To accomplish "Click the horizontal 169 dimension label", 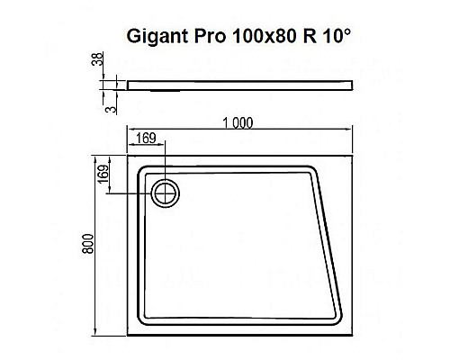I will [x=147, y=138].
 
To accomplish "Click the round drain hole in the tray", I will [x=166, y=191].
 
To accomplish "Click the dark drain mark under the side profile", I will [x=166, y=89].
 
